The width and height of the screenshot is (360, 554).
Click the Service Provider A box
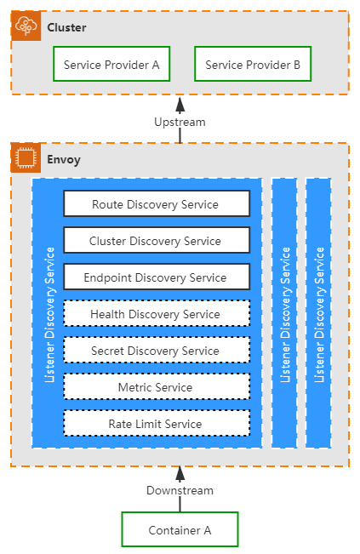[111, 64]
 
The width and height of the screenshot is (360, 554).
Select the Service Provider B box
[253, 64]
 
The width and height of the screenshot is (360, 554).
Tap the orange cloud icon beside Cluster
[26, 26]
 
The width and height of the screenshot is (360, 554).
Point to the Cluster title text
[66, 27]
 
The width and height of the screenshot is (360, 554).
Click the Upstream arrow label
[180, 123]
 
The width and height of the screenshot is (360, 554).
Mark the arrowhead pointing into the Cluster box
[180, 105]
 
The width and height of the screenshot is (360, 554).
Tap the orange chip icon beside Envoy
[26, 157]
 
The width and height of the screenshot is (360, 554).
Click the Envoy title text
[64, 160]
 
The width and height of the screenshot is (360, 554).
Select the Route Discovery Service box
[157, 203]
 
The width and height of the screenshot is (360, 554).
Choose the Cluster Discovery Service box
[157, 240]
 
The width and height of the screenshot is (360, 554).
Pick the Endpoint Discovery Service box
[157, 277]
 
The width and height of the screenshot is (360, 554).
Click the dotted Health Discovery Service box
[157, 313]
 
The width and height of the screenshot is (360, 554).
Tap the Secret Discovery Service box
[157, 350]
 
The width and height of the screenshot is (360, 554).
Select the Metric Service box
[157, 386]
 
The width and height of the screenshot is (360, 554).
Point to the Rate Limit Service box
[157, 423]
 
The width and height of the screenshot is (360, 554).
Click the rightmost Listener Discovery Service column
[318, 313]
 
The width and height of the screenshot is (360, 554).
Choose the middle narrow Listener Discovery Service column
[284, 313]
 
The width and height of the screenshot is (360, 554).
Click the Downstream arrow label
[180, 491]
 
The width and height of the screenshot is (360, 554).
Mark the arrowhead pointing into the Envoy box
[180, 474]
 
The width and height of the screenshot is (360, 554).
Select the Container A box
[180, 529]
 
